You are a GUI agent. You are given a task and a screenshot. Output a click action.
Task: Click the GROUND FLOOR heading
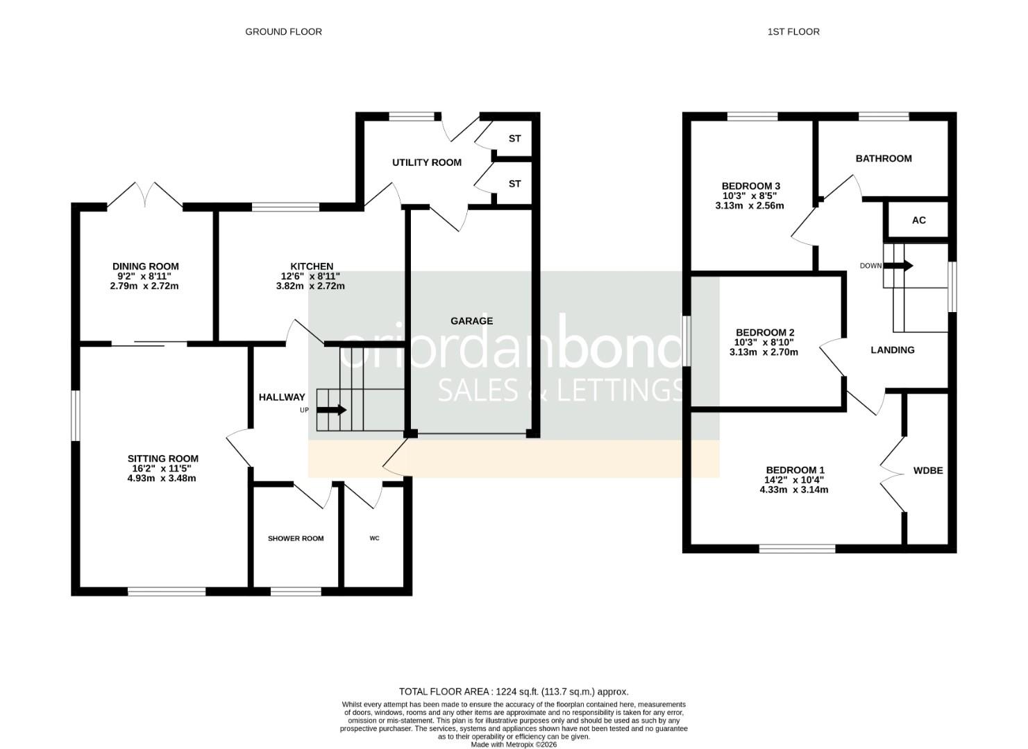[284, 32]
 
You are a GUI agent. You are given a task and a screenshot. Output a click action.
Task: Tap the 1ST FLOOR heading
[793, 32]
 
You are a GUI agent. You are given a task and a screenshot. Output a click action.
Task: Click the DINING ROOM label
[146, 266]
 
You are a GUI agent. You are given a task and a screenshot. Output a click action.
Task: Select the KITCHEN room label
[312, 266]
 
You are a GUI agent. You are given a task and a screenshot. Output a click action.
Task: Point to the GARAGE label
[472, 321]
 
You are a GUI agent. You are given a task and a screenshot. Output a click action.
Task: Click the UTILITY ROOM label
[427, 162]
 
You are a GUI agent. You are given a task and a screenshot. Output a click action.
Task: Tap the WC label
[375, 538]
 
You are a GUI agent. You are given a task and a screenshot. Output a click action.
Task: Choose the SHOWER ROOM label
[296, 538]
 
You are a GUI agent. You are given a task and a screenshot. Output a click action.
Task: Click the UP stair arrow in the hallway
[331, 410]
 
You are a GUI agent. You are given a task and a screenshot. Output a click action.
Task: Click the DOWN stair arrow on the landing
[898, 266]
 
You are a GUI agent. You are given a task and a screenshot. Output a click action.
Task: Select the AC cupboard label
[919, 221]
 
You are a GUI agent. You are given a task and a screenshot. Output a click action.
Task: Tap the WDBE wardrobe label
[928, 471]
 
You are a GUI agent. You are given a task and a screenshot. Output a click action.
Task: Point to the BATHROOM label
[884, 159]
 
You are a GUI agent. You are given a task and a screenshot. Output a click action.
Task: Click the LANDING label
[893, 350]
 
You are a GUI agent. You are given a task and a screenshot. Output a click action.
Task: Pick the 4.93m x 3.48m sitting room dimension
[162, 479]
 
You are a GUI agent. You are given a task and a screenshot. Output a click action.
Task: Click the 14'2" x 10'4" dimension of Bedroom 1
[794, 480]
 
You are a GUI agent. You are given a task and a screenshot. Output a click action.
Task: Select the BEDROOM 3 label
[751, 187]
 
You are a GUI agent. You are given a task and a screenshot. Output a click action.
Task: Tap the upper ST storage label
[515, 139]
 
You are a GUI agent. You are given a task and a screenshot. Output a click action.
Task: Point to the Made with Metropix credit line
[514, 744]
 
